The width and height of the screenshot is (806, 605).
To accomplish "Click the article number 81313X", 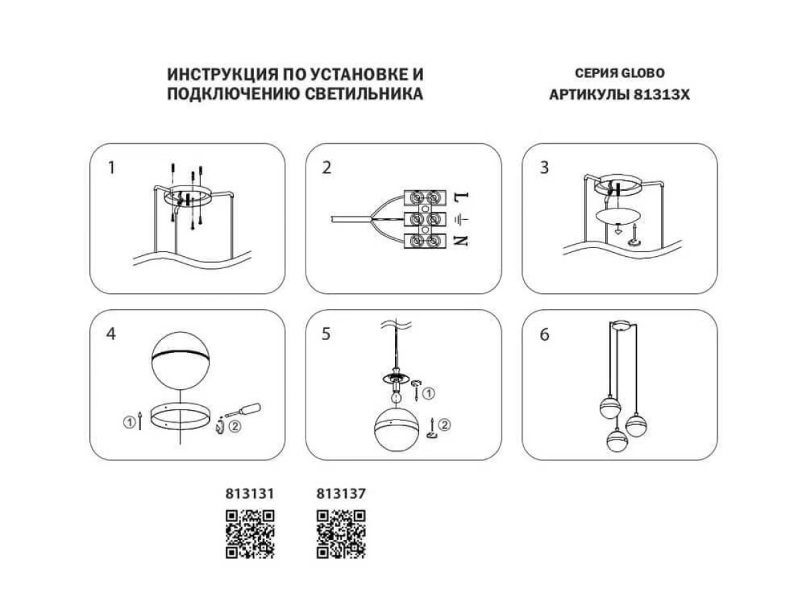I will coord(662,95).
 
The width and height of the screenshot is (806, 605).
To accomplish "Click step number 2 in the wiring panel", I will coord(327,168).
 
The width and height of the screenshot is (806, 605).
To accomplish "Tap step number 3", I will coord(544,168).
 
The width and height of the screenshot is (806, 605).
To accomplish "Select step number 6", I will coord(544,334).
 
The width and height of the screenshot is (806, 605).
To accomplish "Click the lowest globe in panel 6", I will coord(617,440).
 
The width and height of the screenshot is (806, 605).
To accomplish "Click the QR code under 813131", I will coord(249,534).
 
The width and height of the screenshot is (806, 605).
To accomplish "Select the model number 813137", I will coord(341,493).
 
